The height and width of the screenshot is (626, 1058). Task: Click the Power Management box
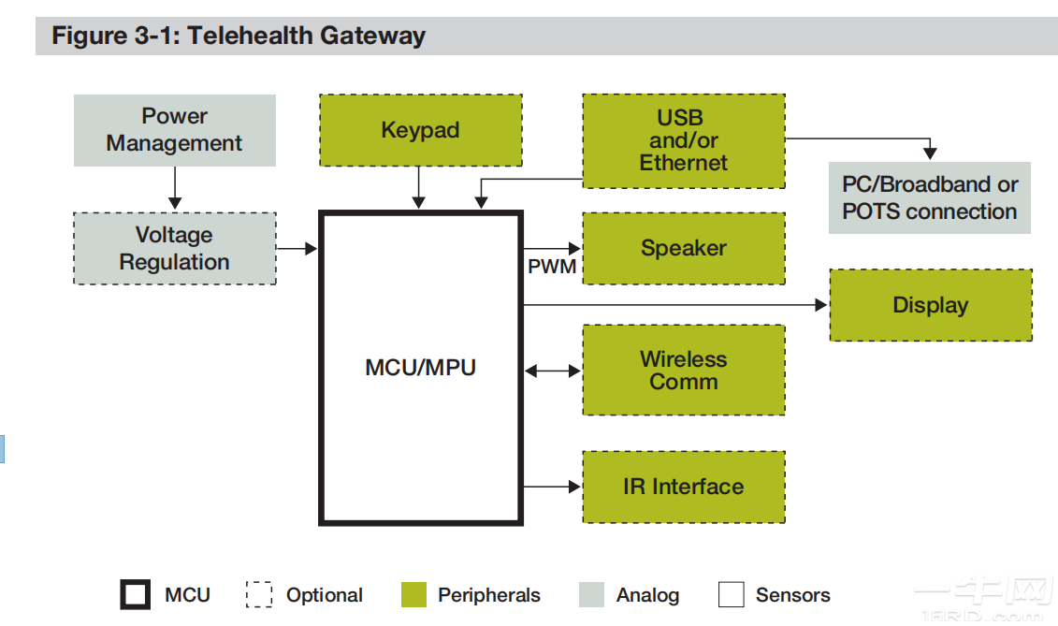[x=174, y=130]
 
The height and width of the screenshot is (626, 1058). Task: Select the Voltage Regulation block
[x=174, y=248]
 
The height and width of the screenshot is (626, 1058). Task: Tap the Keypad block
[x=420, y=130]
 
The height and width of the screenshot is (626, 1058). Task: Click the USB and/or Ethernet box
[x=683, y=140]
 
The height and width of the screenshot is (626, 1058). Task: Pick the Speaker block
[x=683, y=248]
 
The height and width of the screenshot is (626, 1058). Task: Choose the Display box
[x=930, y=305]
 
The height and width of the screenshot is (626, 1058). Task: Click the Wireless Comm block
[x=683, y=370]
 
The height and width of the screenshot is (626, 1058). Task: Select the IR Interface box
[x=683, y=487]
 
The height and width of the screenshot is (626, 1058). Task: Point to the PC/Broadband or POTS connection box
[x=929, y=197]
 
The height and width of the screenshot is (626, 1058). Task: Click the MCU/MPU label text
[x=420, y=368]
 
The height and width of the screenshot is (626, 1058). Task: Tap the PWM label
[x=552, y=267]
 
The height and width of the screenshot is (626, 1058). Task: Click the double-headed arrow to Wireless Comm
[x=552, y=371]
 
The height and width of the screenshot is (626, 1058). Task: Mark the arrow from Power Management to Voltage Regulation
[x=174, y=189]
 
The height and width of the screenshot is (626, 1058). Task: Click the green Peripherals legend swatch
[x=413, y=595]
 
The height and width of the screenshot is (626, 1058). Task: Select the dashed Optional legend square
[x=259, y=595]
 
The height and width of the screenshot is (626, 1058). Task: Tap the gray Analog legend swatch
[x=591, y=595]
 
